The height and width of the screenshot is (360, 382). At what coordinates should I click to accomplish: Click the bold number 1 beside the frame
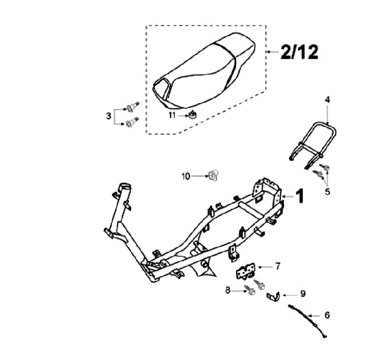point(300,196)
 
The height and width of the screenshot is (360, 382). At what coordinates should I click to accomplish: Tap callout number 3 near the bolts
point(108,115)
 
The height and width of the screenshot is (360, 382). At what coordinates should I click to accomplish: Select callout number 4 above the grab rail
point(327,99)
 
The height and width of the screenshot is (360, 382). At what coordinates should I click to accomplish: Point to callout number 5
point(327,191)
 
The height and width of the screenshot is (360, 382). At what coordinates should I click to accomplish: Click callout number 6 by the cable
point(327,315)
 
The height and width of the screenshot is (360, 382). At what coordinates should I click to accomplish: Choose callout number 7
point(277,266)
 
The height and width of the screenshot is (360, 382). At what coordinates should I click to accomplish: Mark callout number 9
point(302,293)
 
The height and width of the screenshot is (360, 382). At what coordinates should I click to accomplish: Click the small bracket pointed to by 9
point(272,295)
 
